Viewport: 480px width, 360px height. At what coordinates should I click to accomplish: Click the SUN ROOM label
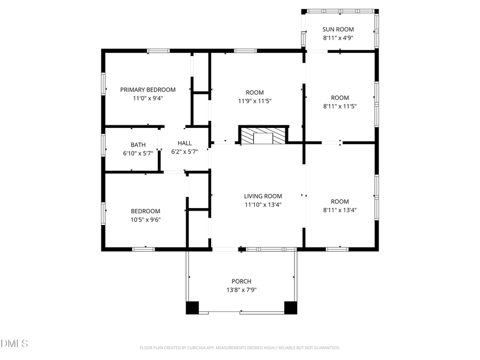[x=338, y=29]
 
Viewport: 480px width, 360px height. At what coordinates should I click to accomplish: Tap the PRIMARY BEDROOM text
[x=148, y=90]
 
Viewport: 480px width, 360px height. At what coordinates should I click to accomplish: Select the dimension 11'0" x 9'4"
[x=148, y=98]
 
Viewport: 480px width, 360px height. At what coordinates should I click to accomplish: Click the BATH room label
[x=138, y=145]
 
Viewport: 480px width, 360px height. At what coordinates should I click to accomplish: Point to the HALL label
[x=185, y=143]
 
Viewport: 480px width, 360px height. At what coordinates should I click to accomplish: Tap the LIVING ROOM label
[x=263, y=196]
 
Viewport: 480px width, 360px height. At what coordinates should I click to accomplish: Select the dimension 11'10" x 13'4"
[x=263, y=205]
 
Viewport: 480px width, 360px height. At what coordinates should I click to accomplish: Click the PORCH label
[x=241, y=281]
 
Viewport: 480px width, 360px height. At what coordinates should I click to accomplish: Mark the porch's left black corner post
[x=192, y=308]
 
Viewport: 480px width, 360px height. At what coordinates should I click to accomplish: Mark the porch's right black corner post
[x=291, y=308]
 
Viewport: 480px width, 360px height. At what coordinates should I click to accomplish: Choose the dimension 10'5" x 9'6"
[x=146, y=219]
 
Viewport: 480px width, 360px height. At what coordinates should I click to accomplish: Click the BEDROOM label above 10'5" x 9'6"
[x=146, y=211]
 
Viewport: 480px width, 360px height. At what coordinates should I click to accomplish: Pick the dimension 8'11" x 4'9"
[x=338, y=38]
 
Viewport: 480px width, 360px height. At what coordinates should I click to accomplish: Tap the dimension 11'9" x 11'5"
[x=254, y=101]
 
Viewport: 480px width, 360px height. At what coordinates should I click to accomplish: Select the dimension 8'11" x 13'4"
[x=340, y=210]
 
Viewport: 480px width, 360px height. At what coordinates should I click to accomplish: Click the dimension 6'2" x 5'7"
[x=185, y=151]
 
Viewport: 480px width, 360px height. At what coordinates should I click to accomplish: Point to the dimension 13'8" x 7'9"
[x=241, y=290]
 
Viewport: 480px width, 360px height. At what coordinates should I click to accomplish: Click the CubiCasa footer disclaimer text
[x=239, y=348]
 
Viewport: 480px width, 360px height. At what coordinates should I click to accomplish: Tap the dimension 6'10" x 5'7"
[x=138, y=153]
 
